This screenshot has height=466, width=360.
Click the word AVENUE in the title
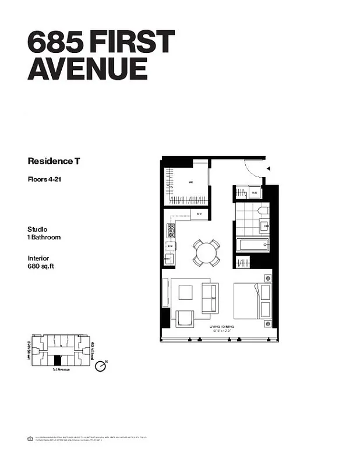pos(87,68)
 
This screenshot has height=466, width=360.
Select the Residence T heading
pos(54,161)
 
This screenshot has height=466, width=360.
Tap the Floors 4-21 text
pos(45,179)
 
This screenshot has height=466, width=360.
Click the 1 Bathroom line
pos(44,237)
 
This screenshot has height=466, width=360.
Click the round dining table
pos(206,253)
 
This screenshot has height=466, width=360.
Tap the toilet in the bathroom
pos(262,210)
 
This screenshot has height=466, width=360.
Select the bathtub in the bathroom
pos(253,244)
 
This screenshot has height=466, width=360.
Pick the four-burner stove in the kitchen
pos(171,231)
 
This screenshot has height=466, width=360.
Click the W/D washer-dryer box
pos(255,193)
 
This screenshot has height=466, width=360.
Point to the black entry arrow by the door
pos(269,169)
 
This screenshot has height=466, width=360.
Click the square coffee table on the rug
pos(185,292)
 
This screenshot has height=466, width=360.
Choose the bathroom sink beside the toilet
pos(263,225)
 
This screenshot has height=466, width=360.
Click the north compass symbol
pos(102,366)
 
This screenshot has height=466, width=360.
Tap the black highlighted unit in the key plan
pos(57,361)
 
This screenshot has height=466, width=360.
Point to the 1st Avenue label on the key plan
pos(61,370)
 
